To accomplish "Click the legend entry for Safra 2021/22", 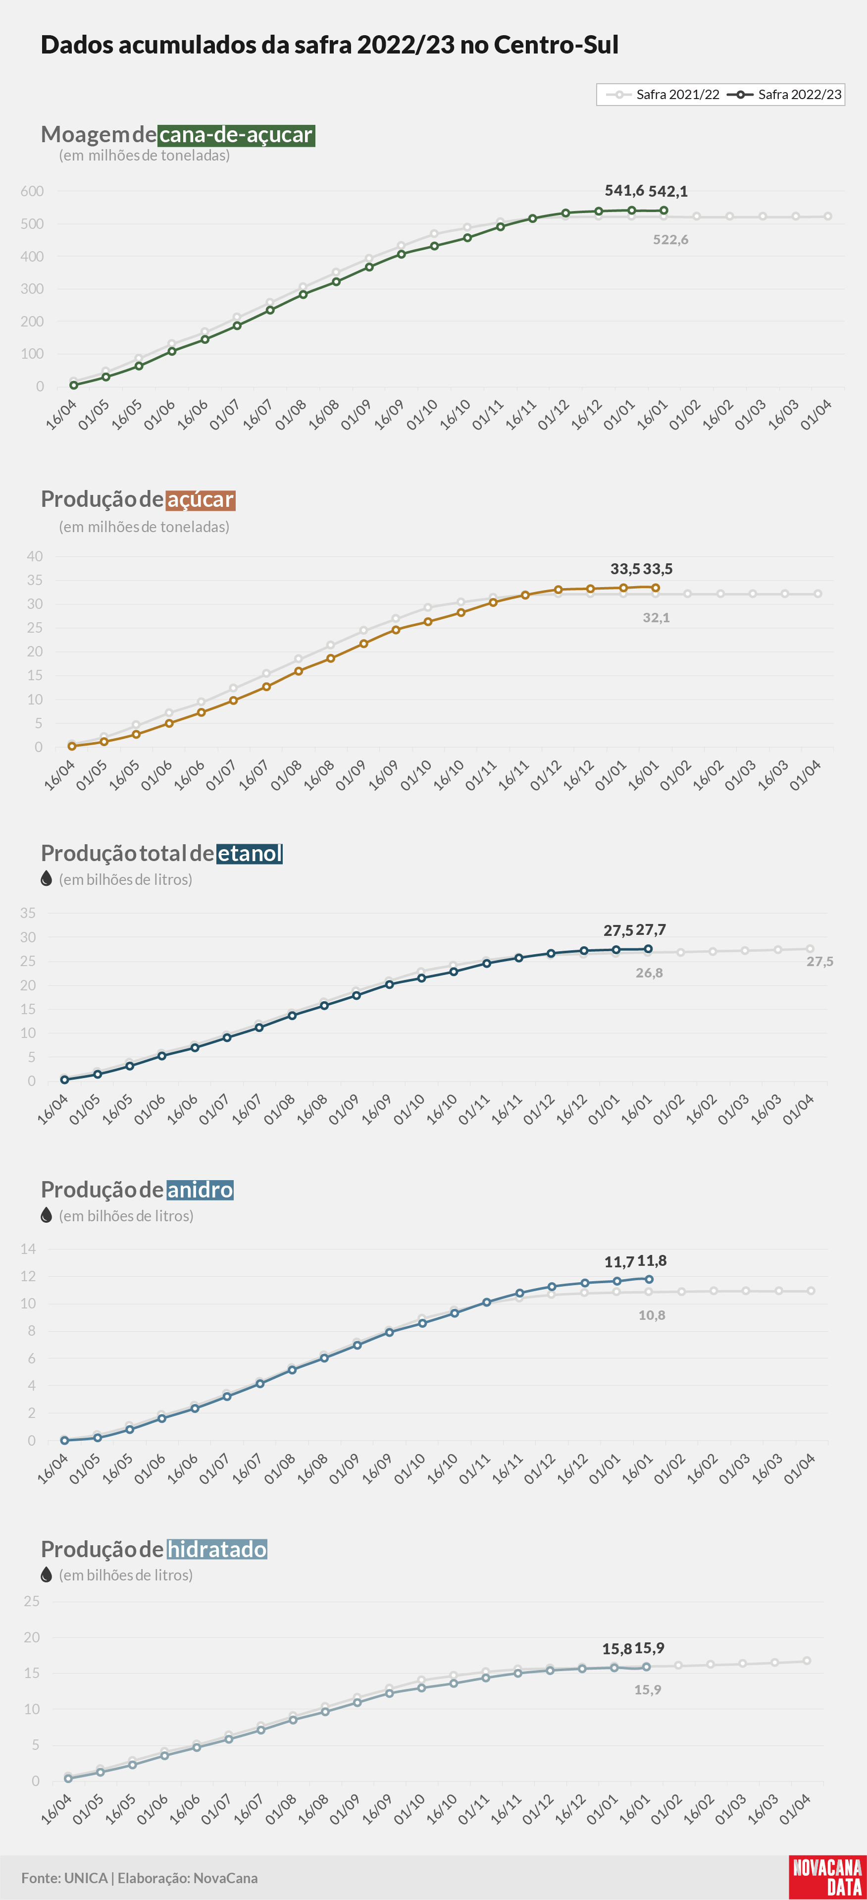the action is pyautogui.click(x=662, y=95).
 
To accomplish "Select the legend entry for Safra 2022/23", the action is pyautogui.click(x=784, y=95).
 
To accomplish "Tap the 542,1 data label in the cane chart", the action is pyautogui.click(x=668, y=191).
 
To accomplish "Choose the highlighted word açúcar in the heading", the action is pyautogui.click(x=201, y=499).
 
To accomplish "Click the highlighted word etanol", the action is pyautogui.click(x=250, y=853).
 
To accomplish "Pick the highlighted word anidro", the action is pyautogui.click(x=200, y=1190).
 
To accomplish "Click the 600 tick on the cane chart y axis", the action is pyautogui.click(x=33, y=191).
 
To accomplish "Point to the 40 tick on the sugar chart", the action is pyautogui.click(x=35, y=556).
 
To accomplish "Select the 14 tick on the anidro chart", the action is pyautogui.click(x=28, y=1249).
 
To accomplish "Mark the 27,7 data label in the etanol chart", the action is pyautogui.click(x=651, y=930).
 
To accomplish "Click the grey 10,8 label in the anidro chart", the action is pyautogui.click(x=652, y=1315).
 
